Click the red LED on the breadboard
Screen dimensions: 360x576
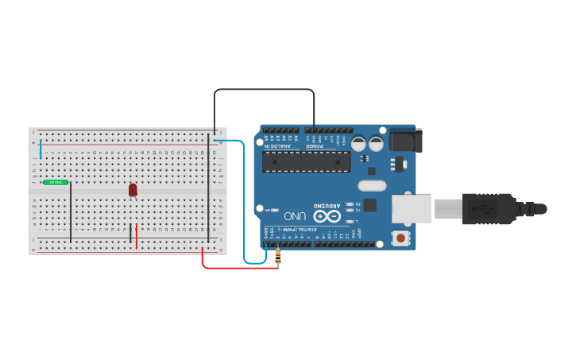(133, 190)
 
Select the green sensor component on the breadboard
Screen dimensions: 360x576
(56, 182)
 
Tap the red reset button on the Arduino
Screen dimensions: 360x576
(401, 238)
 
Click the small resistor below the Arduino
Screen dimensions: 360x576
(277, 256)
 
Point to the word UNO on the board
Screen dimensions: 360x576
(295, 215)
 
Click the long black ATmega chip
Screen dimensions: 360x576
(306, 161)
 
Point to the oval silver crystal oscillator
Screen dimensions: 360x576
(372, 186)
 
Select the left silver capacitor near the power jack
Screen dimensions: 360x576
(358, 144)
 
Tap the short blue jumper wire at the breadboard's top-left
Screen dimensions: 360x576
(41, 148)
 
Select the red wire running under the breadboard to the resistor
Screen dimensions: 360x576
(238, 267)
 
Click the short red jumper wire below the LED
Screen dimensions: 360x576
(137, 236)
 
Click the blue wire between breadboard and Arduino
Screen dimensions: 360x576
(243, 199)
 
